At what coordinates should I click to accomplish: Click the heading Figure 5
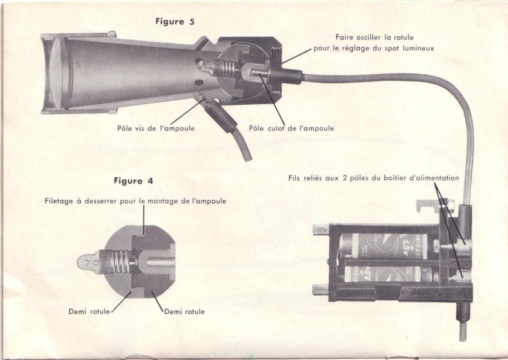pyautogui.click(x=175, y=22)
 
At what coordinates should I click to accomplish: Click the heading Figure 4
pyautogui.click(x=133, y=181)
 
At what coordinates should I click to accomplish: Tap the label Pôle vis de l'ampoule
pyautogui.click(x=156, y=128)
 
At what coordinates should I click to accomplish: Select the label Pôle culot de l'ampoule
pyautogui.click(x=291, y=128)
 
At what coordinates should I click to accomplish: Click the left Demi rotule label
pyautogui.click(x=89, y=311)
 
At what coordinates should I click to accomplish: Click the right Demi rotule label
pyautogui.click(x=185, y=311)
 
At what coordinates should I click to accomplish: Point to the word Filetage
pyautogui.click(x=59, y=201)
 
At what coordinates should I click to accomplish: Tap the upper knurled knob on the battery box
pyautogui.click(x=321, y=230)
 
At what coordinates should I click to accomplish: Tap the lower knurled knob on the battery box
pyautogui.click(x=321, y=289)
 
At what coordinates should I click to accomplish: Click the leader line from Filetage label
pyautogui.click(x=144, y=220)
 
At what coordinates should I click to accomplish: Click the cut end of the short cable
pyautogui.click(x=248, y=158)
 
